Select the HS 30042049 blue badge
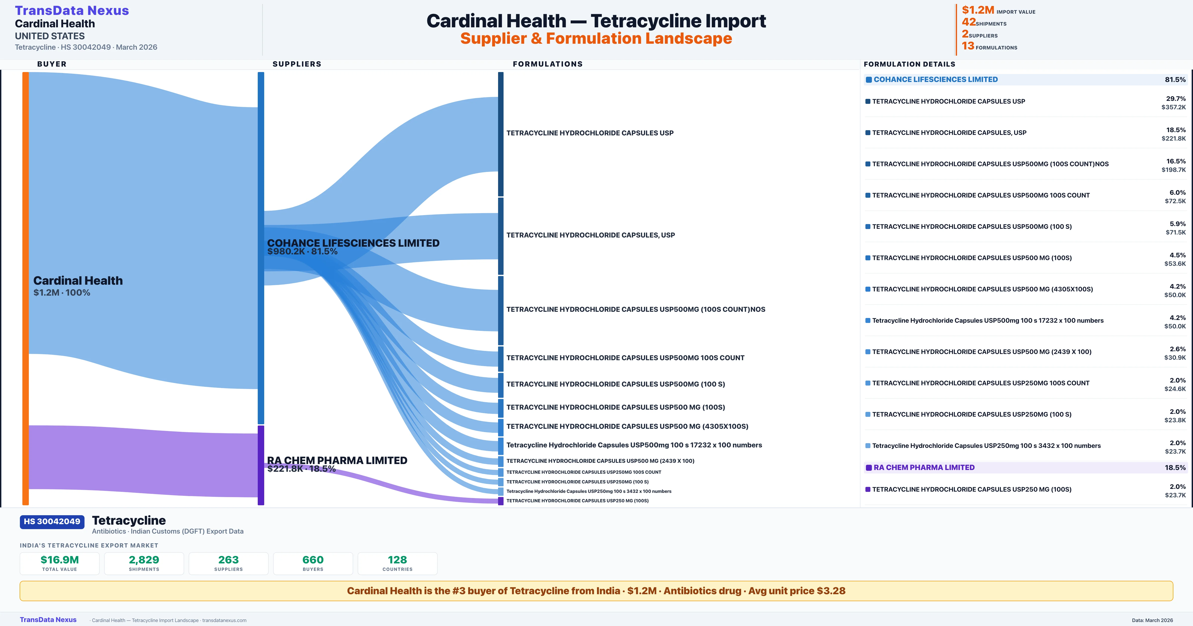52,522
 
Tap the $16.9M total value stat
59,560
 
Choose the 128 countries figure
397,560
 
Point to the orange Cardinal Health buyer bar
25,287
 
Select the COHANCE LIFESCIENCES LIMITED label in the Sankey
353,243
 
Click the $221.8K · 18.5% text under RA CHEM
301,469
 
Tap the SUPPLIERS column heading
297,64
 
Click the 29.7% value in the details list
1175,99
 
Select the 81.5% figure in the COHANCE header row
1175,80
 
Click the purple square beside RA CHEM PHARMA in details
869,468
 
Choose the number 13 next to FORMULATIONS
968,46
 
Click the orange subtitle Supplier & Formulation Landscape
596,39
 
